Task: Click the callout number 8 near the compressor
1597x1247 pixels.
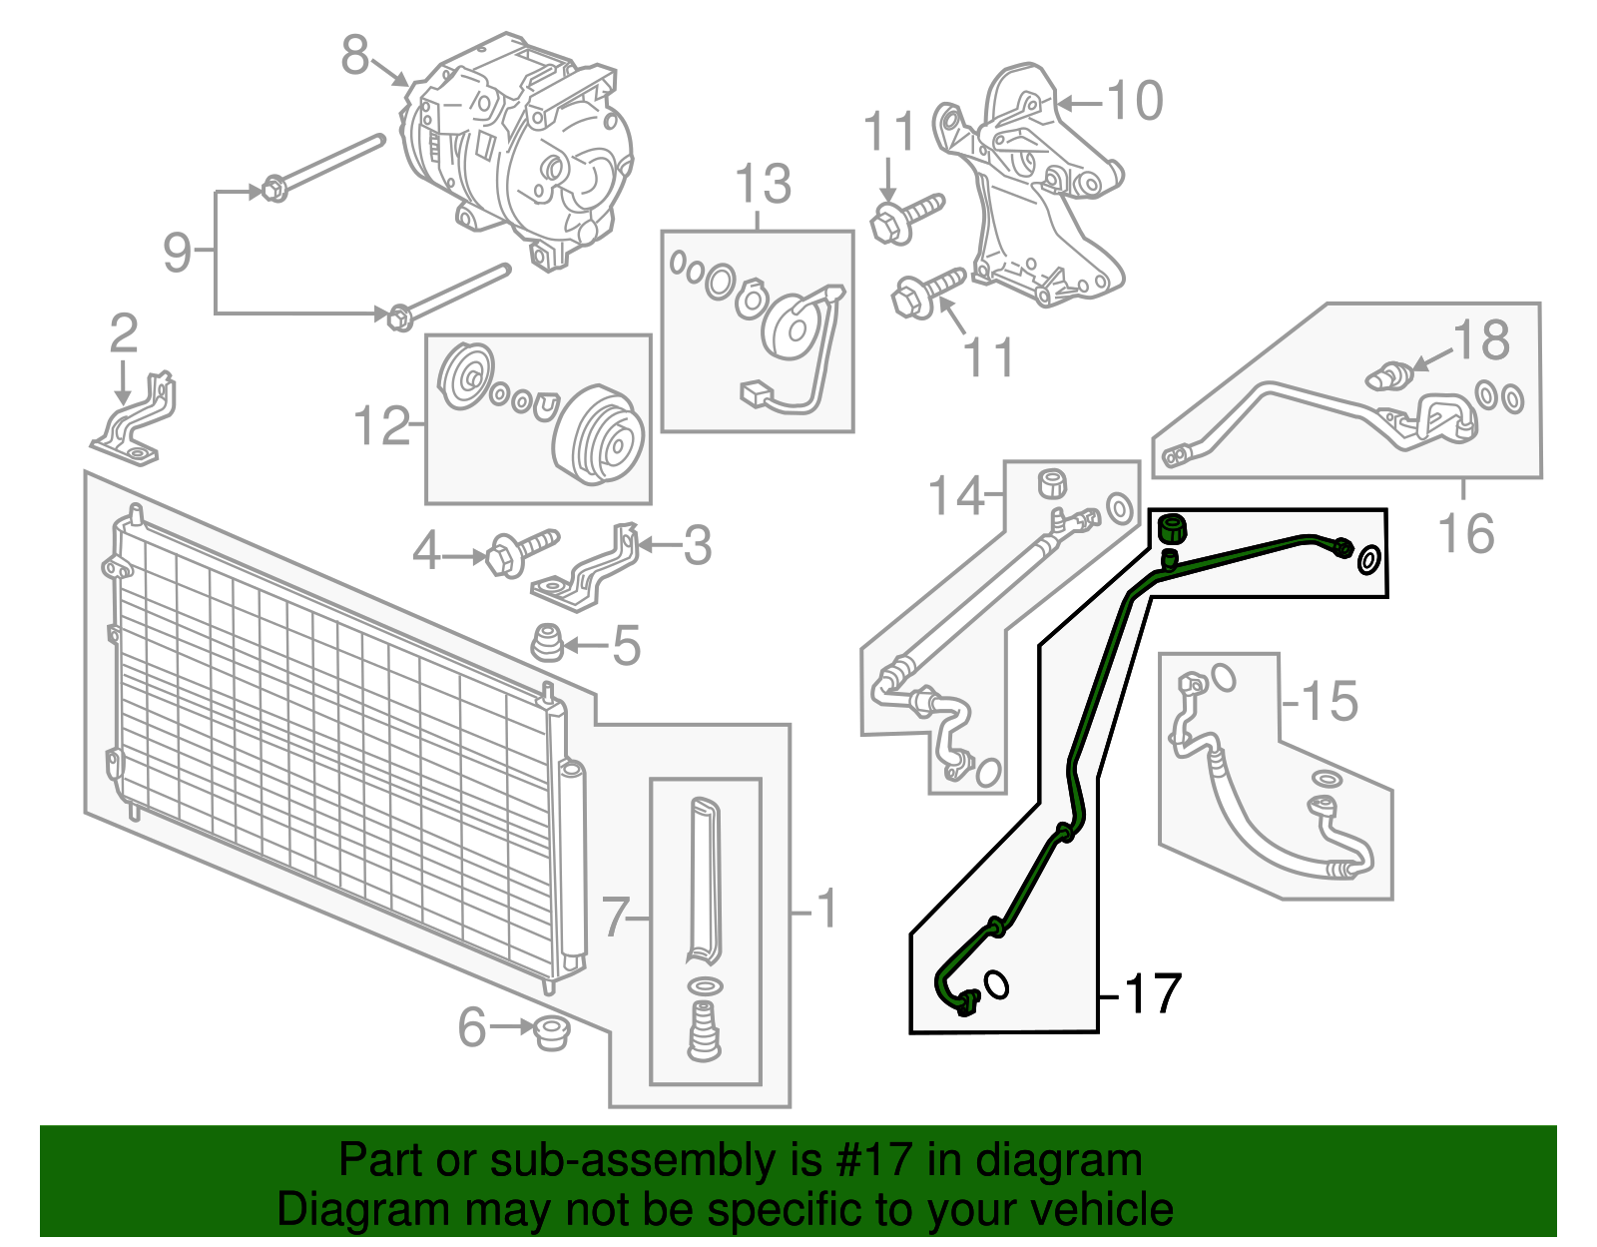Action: tap(355, 56)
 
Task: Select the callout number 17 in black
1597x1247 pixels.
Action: tap(1153, 993)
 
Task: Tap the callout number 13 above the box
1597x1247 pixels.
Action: tap(763, 186)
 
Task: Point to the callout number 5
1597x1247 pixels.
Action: tap(626, 646)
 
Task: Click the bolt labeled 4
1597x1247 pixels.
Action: tap(519, 550)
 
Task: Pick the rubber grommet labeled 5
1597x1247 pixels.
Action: tap(546, 643)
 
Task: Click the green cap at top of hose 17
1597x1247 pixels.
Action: tap(1170, 528)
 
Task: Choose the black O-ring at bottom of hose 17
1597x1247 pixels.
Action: tap(996, 984)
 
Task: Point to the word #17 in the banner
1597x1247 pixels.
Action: tap(868, 1161)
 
